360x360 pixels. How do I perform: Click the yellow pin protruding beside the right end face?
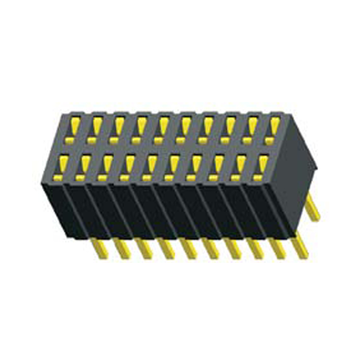click(314, 207)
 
